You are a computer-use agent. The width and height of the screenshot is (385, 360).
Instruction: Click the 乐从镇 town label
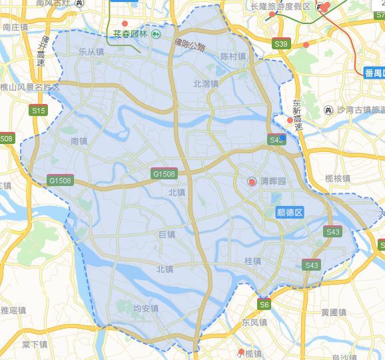tap(91, 51)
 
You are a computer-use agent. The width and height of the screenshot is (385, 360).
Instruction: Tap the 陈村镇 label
tap(233, 57)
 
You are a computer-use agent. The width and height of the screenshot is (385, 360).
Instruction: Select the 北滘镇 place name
tap(206, 84)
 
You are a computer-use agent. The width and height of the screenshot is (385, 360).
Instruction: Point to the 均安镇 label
tap(146, 309)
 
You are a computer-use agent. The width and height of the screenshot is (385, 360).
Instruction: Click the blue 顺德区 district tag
tap(289, 212)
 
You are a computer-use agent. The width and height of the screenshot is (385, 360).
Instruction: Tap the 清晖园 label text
tap(272, 181)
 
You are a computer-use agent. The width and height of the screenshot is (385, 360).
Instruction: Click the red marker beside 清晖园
tap(252, 181)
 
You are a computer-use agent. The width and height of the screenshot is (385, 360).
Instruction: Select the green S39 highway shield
tap(281, 45)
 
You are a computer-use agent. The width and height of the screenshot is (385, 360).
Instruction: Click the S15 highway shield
tap(39, 111)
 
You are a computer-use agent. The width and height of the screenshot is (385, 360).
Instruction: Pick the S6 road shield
tap(265, 305)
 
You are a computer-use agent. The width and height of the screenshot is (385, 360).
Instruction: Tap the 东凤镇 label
tap(254, 322)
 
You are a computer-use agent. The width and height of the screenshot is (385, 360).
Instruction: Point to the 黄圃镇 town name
tap(333, 312)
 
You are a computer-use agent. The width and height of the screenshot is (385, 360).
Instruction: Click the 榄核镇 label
tap(338, 179)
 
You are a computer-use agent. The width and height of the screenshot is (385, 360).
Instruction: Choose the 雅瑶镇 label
tap(13, 310)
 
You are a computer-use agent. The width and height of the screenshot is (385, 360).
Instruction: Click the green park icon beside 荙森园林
tap(156, 33)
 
